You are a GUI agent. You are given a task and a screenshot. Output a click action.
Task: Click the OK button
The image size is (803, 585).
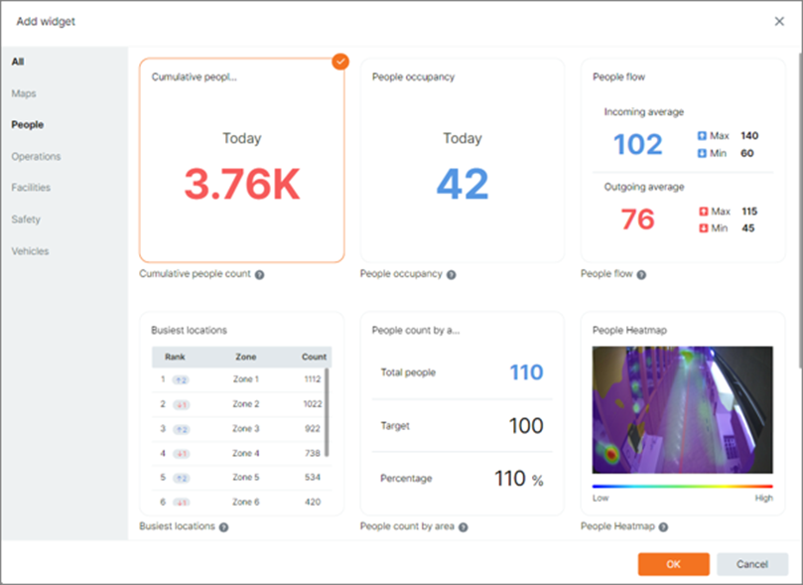pos(673,564)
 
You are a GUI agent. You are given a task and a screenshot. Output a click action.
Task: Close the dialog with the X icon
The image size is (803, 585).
pos(778,21)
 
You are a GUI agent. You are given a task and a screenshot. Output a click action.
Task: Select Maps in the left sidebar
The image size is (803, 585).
pos(24,93)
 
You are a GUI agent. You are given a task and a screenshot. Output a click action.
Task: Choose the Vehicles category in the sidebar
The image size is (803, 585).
pos(30,251)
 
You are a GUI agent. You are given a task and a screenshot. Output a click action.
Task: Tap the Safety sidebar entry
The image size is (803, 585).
pos(26,219)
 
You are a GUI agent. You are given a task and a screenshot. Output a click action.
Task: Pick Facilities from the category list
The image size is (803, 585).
pos(31,188)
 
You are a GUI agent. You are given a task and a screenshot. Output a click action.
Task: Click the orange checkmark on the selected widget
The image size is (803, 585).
pos(340,62)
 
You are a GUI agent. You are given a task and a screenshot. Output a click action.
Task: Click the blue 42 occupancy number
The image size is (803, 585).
pos(463,183)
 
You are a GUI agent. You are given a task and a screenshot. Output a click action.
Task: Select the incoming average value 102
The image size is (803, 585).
pos(637,145)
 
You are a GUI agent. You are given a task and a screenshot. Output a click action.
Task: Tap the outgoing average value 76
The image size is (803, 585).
pos(637,219)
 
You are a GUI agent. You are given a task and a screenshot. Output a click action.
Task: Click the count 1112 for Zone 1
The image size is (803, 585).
pos(314,379)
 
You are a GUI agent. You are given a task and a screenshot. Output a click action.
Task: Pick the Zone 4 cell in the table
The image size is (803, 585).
pos(245,453)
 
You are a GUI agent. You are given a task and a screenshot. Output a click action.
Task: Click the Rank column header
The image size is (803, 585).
pos(175,356)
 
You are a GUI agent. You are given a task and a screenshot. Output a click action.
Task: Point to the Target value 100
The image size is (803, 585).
pos(526,426)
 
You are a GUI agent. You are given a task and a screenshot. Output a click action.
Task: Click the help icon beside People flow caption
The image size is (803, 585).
pos(641,274)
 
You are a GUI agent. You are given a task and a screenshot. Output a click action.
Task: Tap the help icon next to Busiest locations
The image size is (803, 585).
pos(223,526)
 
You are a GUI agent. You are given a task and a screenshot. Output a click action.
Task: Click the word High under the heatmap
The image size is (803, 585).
pos(762,498)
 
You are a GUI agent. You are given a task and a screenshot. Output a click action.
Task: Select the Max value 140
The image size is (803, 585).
pos(748,135)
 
